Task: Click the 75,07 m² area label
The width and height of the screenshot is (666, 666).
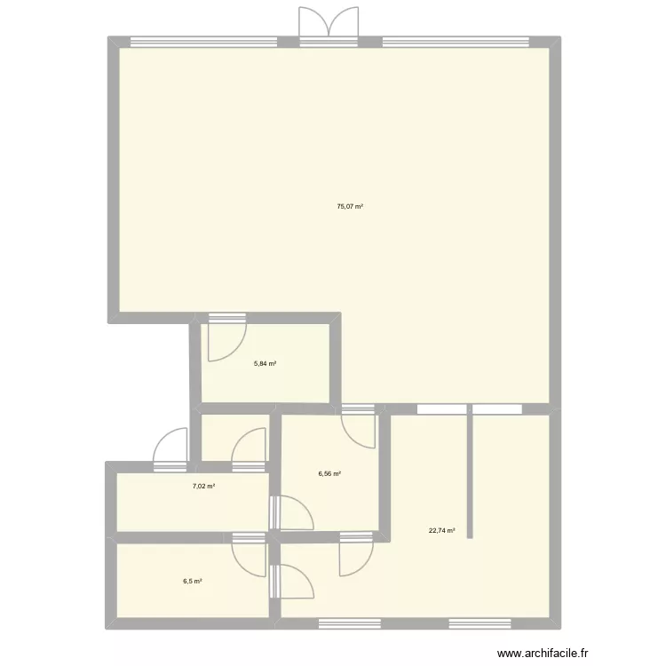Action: tap(350, 206)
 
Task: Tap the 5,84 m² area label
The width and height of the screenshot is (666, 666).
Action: tap(265, 363)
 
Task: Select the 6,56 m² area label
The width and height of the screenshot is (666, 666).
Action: tap(330, 474)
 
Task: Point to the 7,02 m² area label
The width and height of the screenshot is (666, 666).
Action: tap(204, 486)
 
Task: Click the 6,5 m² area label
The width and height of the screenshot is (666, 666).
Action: tap(193, 582)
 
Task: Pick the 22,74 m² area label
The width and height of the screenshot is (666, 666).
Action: tap(441, 531)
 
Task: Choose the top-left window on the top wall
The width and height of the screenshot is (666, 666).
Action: tap(203, 41)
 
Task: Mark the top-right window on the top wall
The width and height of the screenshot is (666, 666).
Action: tap(456, 41)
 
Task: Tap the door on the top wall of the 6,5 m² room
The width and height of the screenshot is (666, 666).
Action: tap(249, 555)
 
